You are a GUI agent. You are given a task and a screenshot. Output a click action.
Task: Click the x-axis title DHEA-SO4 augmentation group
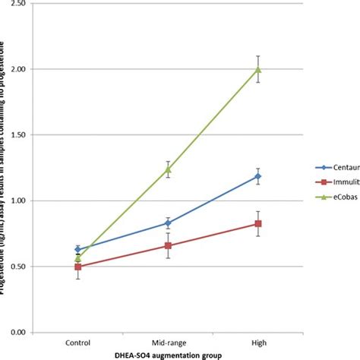(x=167, y=355)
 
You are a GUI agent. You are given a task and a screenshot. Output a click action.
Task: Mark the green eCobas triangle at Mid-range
(x=169, y=169)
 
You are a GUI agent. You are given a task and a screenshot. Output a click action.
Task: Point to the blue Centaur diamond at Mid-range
(x=169, y=223)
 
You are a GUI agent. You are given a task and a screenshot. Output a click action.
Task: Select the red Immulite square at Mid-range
(x=169, y=246)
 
